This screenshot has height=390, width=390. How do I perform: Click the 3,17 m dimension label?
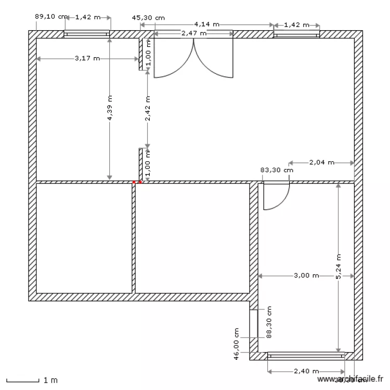(x=87, y=58)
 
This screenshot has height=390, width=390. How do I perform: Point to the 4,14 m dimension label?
(x=206, y=24)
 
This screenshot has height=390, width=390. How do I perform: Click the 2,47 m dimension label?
(x=193, y=34)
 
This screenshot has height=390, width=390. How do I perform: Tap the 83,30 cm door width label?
(x=276, y=170)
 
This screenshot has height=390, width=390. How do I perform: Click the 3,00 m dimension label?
(x=306, y=276)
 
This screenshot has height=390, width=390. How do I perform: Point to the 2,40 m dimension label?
(x=306, y=371)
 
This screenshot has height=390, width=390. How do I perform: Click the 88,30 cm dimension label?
(x=269, y=323)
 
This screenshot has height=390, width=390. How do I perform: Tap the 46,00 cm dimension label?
(x=236, y=344)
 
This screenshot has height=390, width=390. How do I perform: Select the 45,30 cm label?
(x=149, y=17)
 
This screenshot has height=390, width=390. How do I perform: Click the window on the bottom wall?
(x=306, y=356)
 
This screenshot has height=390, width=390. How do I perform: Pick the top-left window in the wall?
(x=87, y=34)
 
